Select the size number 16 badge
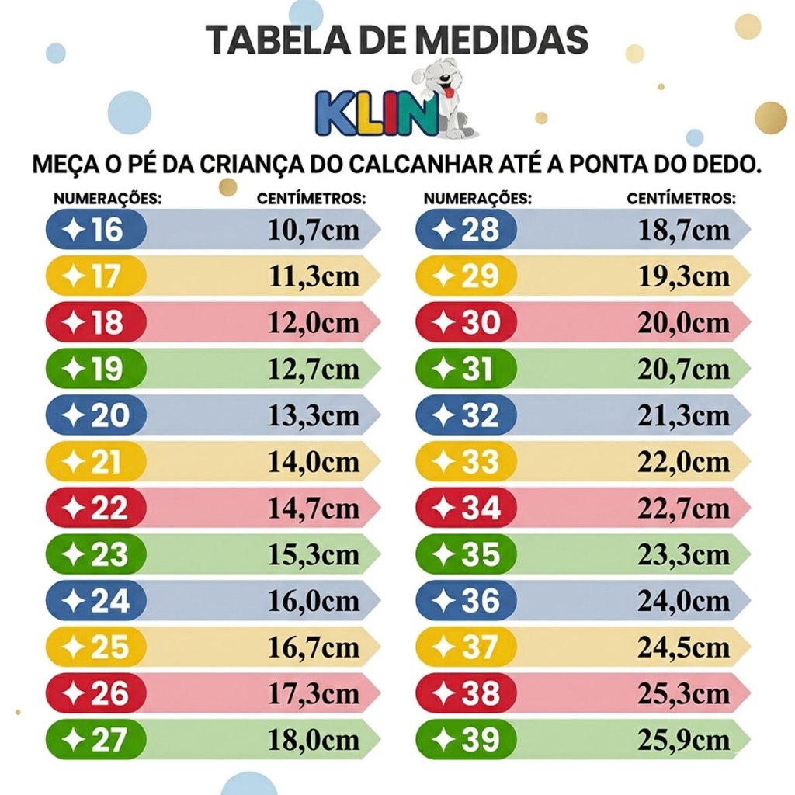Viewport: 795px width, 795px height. point(96,230)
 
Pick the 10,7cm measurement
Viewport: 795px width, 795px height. point(314,231)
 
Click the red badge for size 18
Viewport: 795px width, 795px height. point(96,323)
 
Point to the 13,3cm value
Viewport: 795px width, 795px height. point(314,415)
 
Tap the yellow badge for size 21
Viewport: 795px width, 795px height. point(96,462)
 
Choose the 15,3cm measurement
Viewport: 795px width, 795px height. point(314,554)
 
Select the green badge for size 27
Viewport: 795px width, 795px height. point(96,740)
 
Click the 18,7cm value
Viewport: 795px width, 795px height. point(684,231)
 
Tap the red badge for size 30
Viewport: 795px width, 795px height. point(467,323)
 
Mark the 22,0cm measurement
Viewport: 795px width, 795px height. point(684,462)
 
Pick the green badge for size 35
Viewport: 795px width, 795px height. point(467,554)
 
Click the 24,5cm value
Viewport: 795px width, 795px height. point(684,647)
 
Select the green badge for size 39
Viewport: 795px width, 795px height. point(467,740)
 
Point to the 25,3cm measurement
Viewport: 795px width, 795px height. point(684,693)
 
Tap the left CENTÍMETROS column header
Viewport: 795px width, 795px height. point(311,199)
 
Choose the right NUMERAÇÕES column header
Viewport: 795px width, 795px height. point(477,199)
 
